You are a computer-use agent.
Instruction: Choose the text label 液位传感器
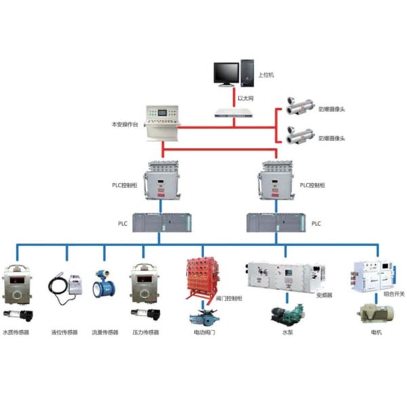(x=64, y=332)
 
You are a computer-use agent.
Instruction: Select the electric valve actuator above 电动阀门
(x=202, y=317)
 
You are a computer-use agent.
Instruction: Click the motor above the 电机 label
(x=371, y=313)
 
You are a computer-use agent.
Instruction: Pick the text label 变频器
(x=324, y=295)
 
